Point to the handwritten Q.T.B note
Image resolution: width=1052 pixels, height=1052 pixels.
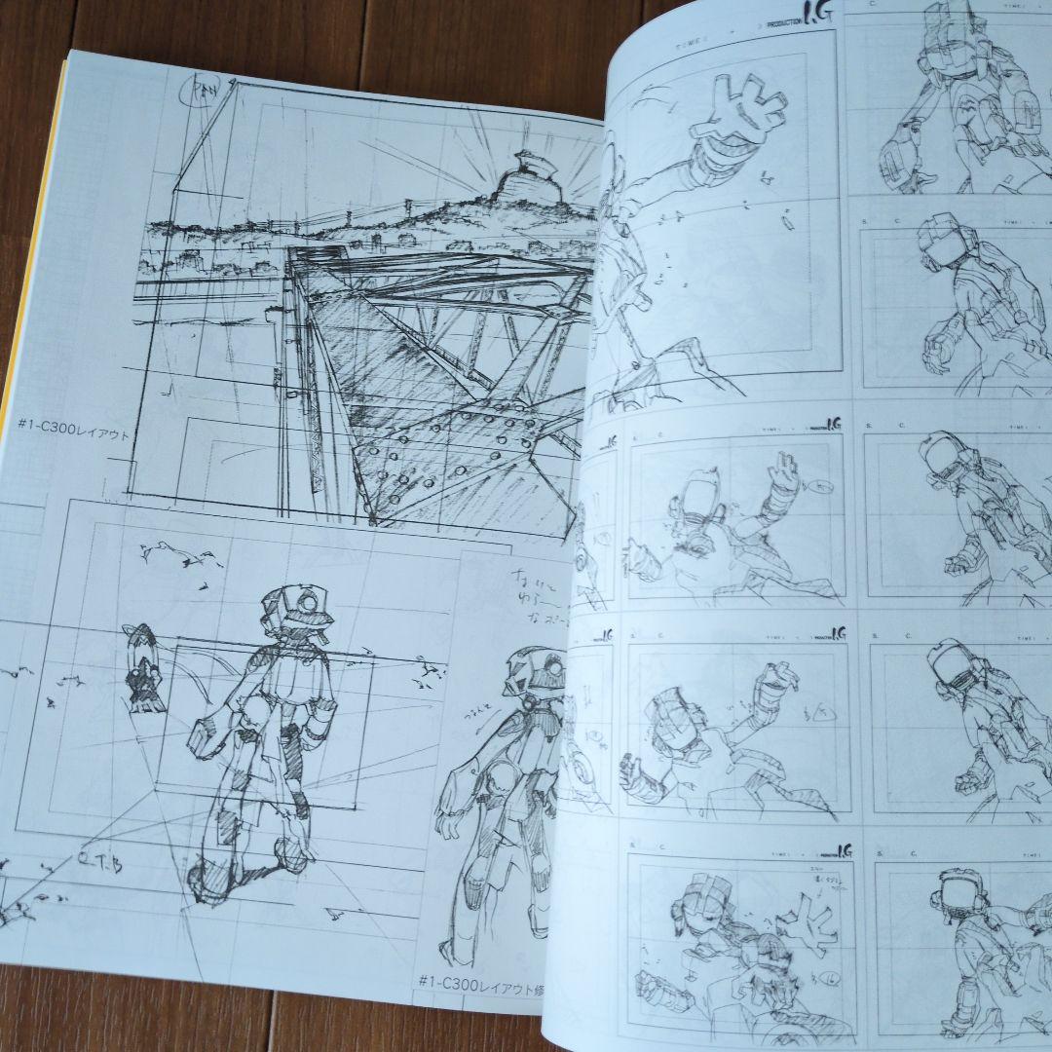(x=96, y=860)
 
